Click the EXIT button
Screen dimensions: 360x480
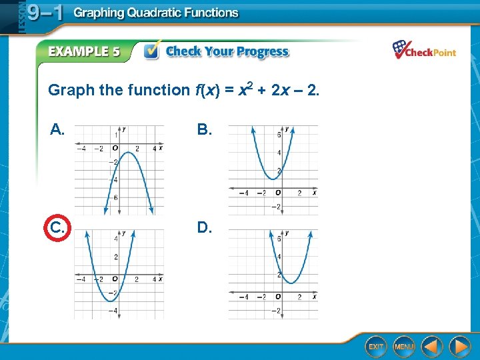point(377,347)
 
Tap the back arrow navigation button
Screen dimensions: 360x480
point(432,347)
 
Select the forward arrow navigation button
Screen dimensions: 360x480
point(459,347)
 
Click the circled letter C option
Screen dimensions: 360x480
point(58,229)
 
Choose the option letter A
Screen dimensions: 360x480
point(58,130)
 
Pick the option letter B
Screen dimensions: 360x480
point(205,130)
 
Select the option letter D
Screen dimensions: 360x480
point(205,229)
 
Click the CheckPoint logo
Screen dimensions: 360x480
point(424,51)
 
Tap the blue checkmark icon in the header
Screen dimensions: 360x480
point(153,51)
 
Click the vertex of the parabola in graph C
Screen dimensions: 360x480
point(107,301)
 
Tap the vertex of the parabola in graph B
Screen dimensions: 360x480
point(270,179)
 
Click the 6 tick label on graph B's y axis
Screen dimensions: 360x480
point(279,135)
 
